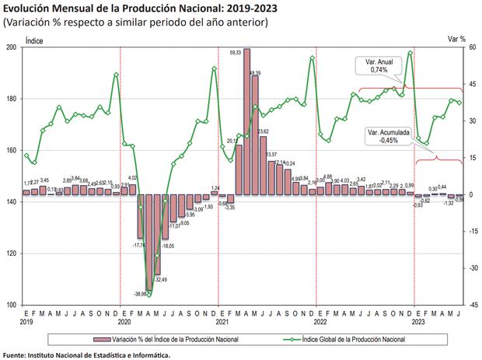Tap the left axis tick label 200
pyautogui.click(x=12, y=47)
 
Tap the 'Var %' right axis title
pyautogui.click(x=457, y=37)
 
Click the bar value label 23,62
pyautogui.click(x=263, y=131)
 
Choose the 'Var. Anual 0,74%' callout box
pyautogui.click(x=379, y=65)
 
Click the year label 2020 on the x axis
pyautogui.click(x=124, y=321)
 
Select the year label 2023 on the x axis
pyautogui.click(x=418, y=321)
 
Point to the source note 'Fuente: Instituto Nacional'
pyautogui.click(x=86, y=355)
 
